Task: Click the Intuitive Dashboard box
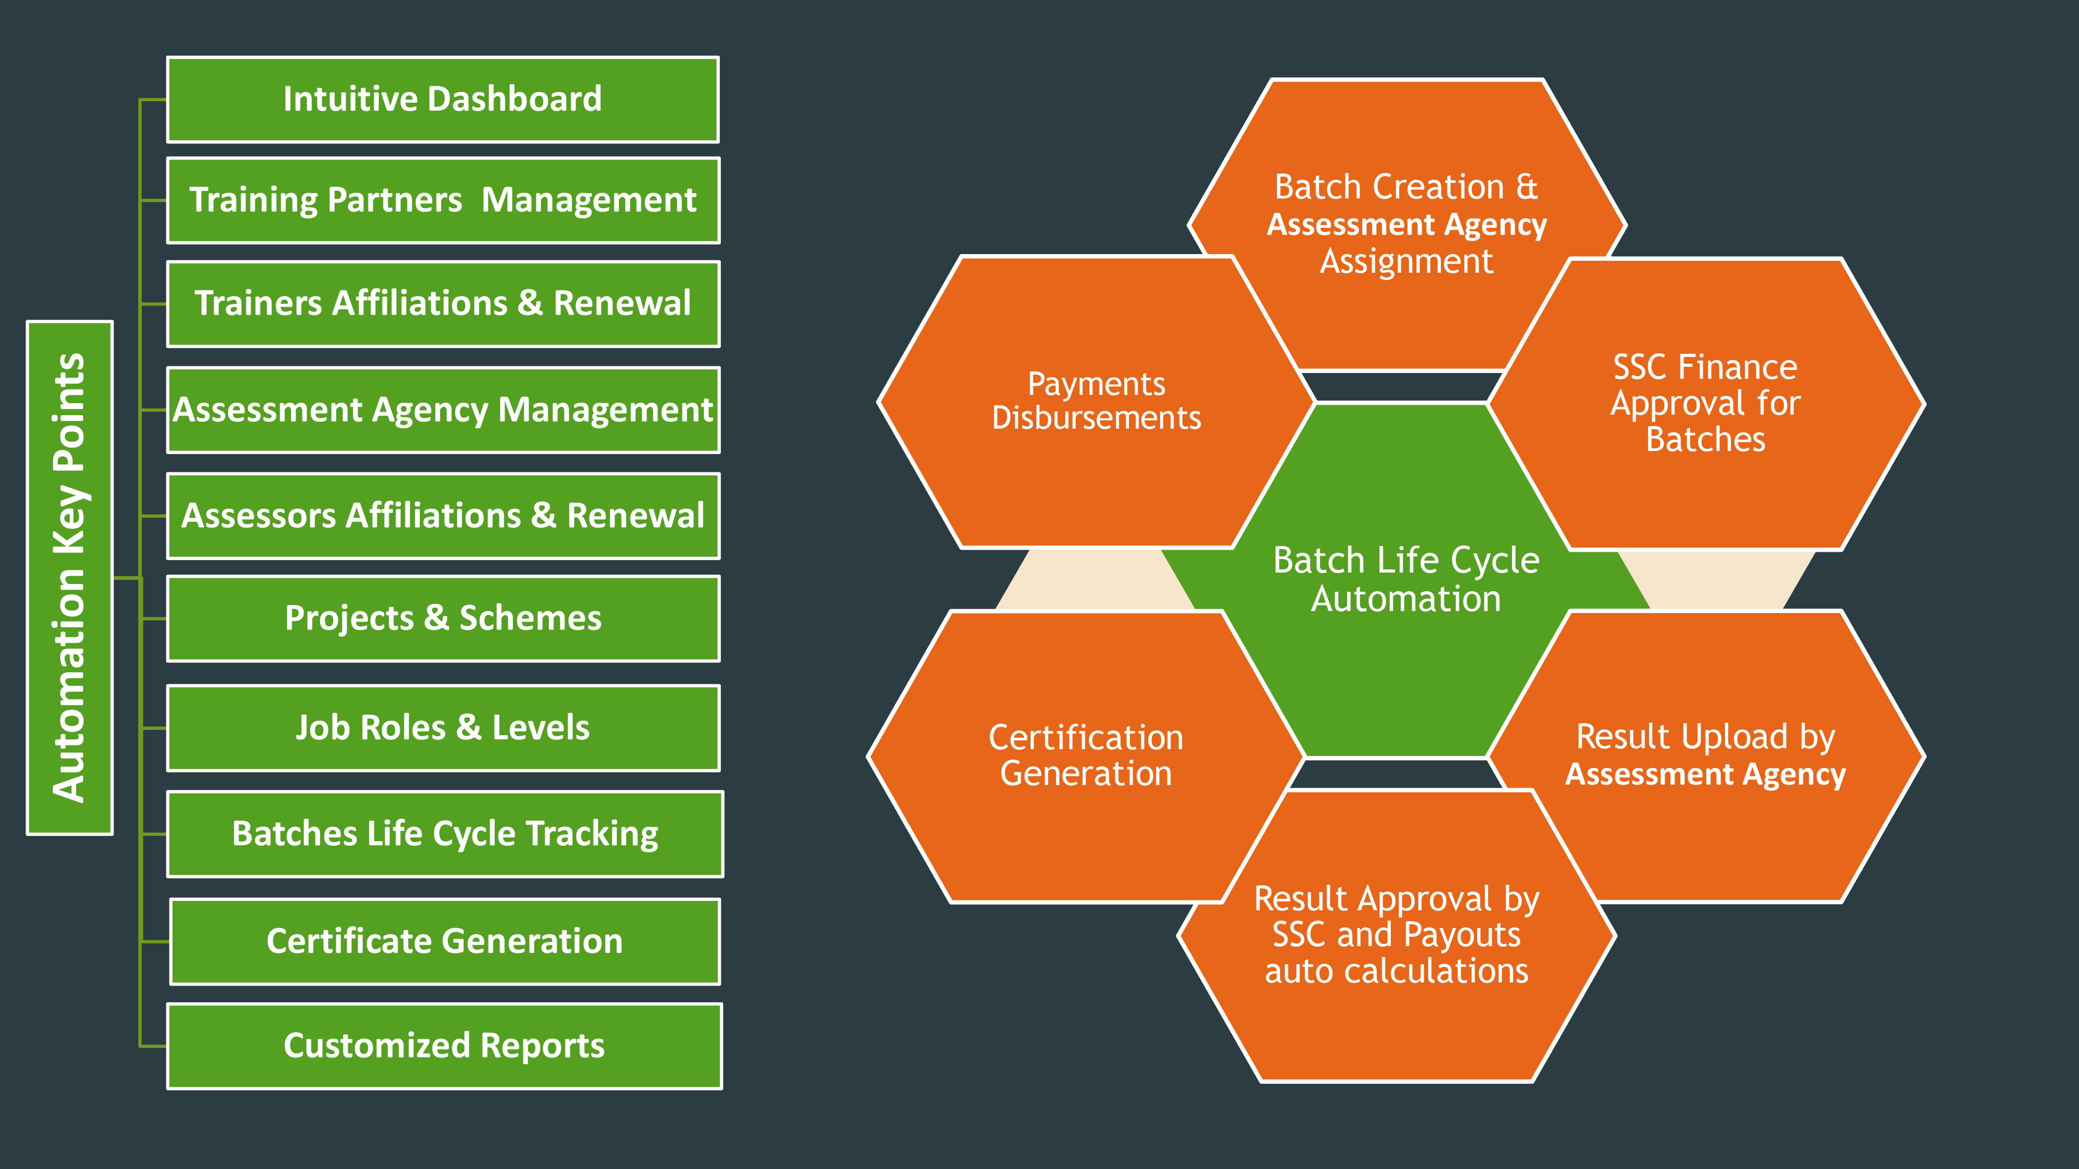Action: [x=442, y=99]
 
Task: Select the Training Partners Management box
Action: [x=442, y=200]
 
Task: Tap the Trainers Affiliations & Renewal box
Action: [x=442, y=303]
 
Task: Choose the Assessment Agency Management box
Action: [x=442, y=410]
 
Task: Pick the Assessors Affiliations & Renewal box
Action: [x=442, y=515]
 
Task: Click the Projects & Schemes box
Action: [x=442, y=618]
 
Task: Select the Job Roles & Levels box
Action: [x=442, y=728]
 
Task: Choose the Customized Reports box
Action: [x=444, y=1045]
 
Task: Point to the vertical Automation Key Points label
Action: [x=70, y=578]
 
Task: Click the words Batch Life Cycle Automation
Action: [x=1406, y=579]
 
